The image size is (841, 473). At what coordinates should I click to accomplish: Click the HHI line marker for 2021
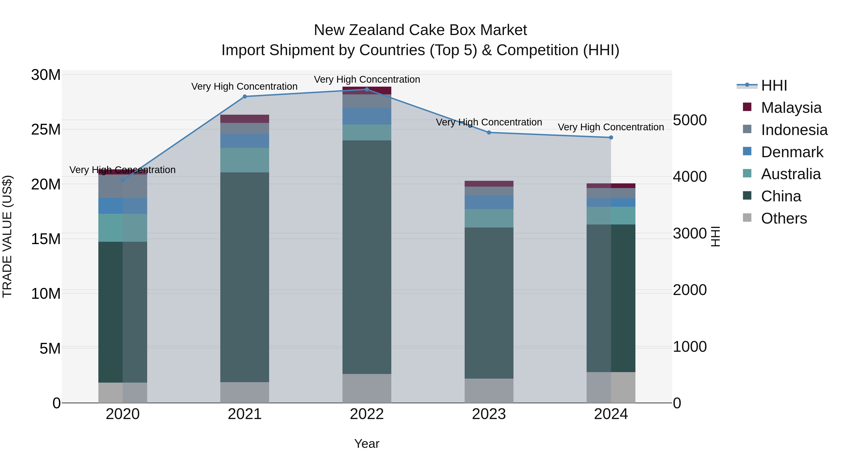pos(245,97)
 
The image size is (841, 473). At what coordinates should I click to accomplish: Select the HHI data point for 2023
pos(489,132)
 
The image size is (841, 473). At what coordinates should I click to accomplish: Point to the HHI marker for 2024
pos(611,137)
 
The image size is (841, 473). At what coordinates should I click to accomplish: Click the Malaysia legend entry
pos(791,108)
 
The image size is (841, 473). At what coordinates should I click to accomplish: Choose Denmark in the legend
pos(792,152)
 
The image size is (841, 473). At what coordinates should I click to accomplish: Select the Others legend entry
pos(784,218)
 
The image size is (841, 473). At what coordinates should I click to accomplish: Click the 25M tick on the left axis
pos(46,130)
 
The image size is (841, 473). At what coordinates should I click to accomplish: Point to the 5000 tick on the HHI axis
pos(690,120)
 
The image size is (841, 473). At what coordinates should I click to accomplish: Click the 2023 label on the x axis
pos(489,414)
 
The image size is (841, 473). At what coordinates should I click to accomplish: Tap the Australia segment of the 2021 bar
pos(245,160)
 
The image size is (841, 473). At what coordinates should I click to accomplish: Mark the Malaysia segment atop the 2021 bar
pos(245,119)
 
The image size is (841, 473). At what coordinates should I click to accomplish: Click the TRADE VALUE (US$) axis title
pos(7,236)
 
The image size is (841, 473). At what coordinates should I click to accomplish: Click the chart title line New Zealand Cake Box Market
pos(420,30)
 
